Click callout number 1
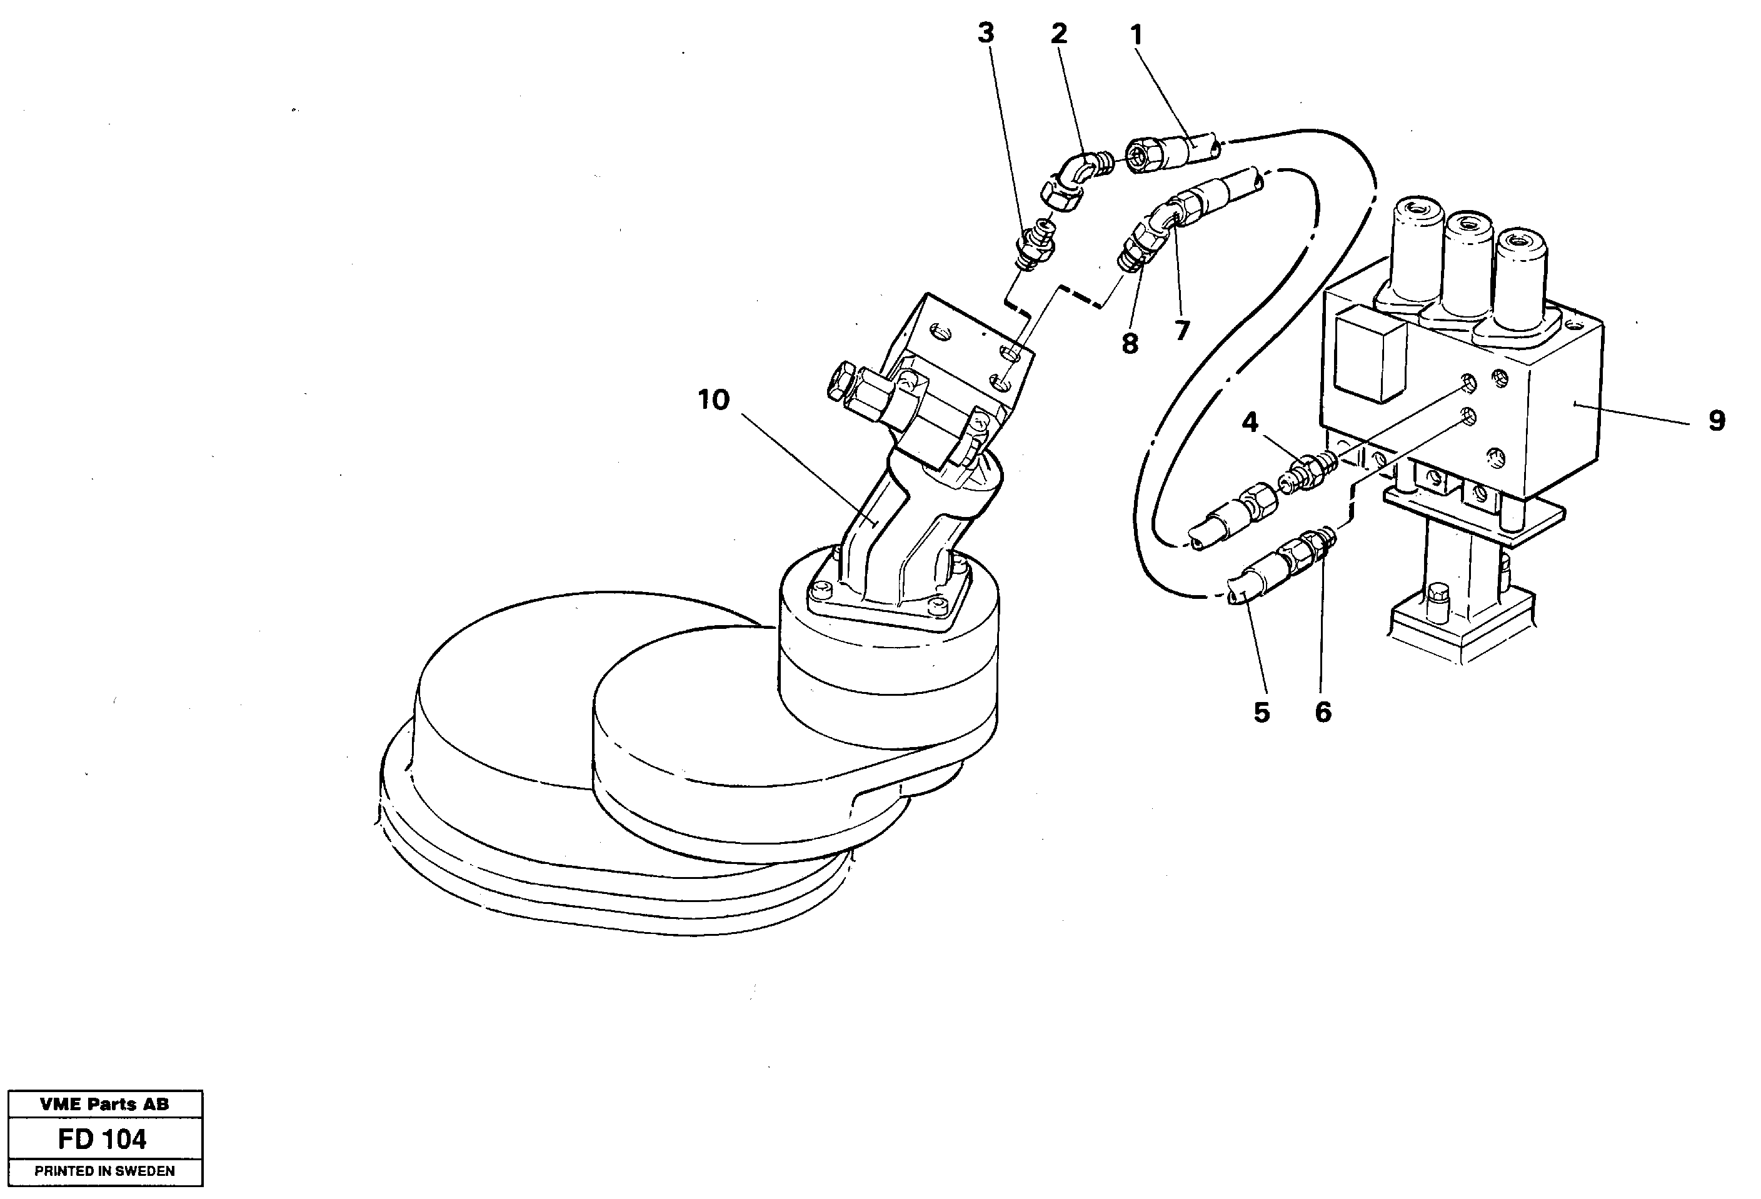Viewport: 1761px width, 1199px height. (x=1135, y=34)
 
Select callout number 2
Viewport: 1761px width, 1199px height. (x=1058, y=33)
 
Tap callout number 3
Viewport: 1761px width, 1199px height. (x=985, y=33)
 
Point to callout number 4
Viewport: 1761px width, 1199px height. (x=1250, y=421)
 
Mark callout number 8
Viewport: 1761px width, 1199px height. (x=1130, y=343)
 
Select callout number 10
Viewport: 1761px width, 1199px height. (x=713, y=399)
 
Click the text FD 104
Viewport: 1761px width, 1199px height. (x=103, y=1139)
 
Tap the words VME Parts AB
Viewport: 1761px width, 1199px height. (x=104, y=1104)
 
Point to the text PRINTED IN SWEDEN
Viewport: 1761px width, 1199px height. (x=104, y=1171)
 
